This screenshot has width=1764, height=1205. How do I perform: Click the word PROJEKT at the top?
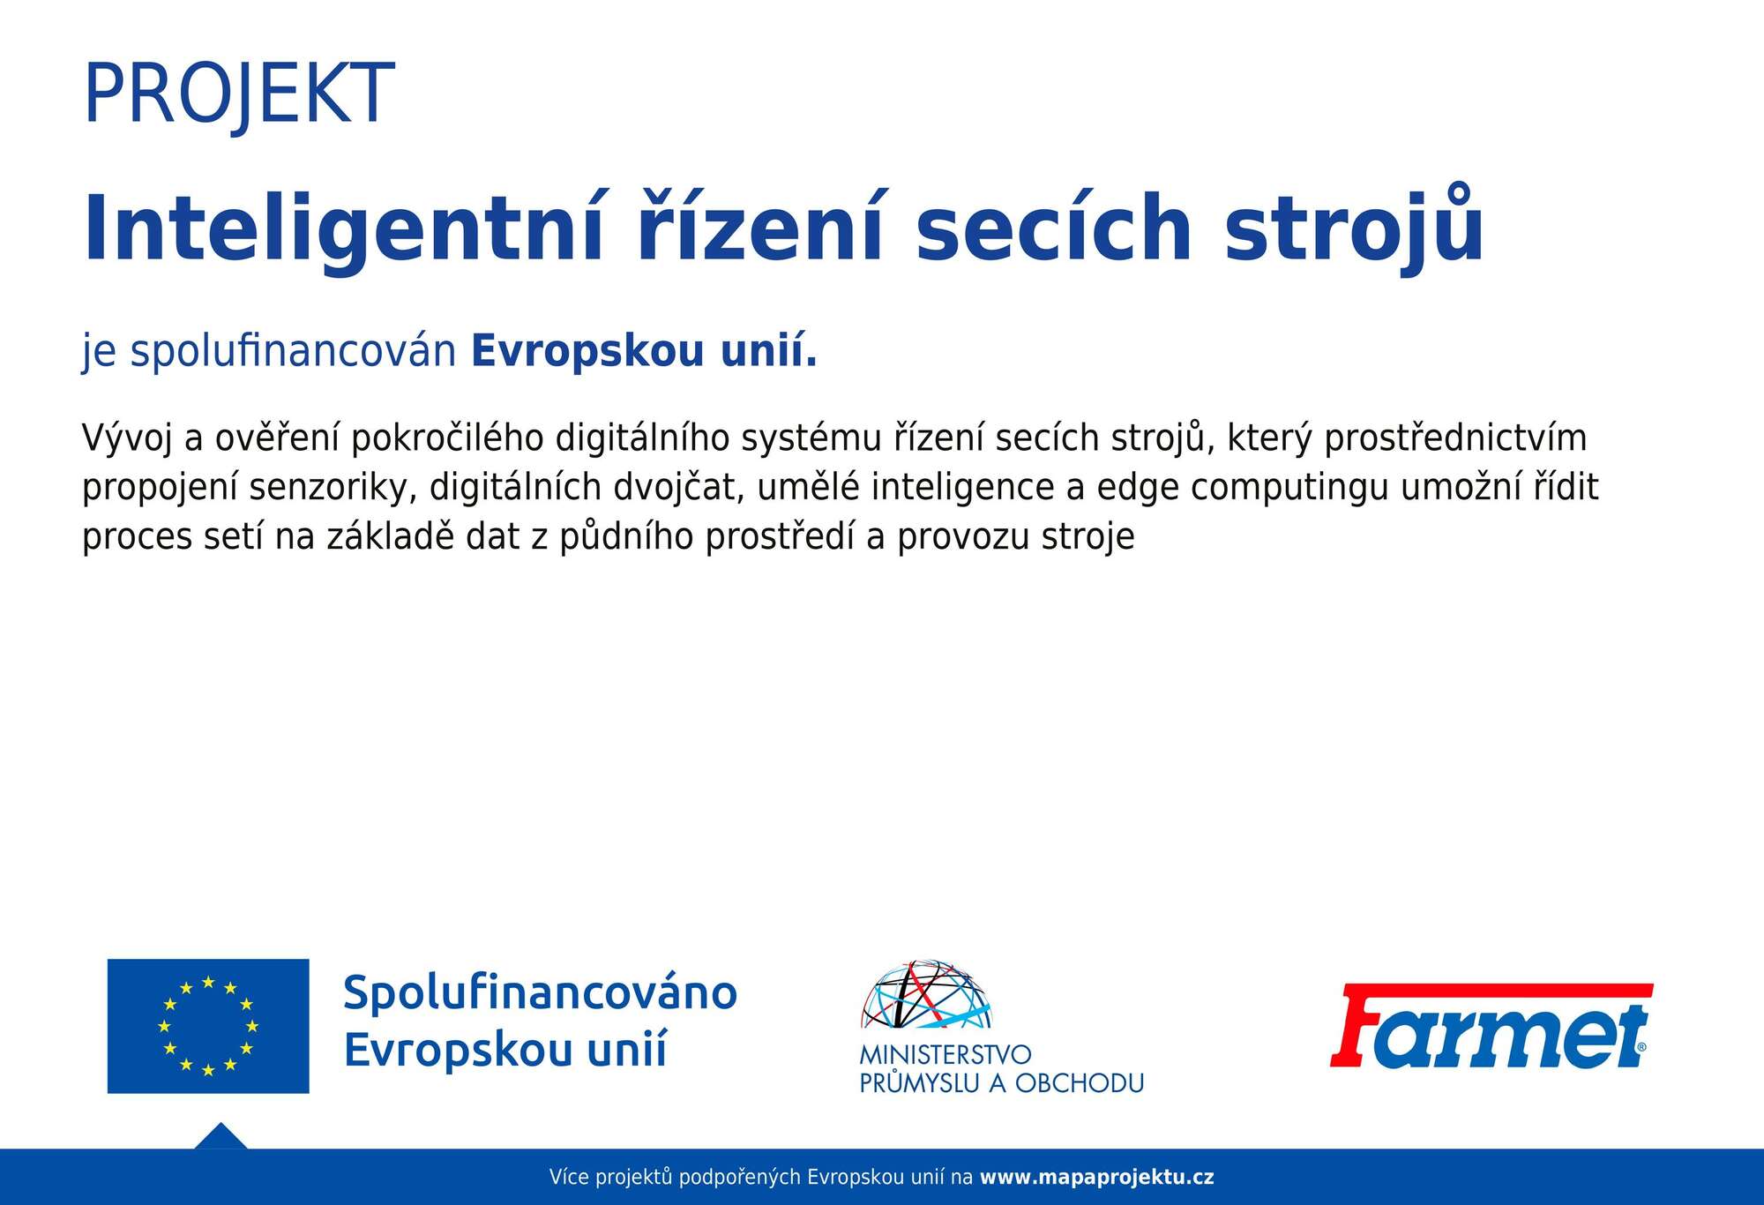(238, 94)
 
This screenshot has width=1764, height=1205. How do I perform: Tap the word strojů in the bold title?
(1355, 226)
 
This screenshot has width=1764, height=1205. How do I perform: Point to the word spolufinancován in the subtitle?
(294, 350)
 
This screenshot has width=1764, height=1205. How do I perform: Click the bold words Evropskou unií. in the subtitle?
(644, 350)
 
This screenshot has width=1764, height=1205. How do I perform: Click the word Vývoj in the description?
(126, 438)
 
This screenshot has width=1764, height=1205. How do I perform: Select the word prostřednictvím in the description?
(1455, 438)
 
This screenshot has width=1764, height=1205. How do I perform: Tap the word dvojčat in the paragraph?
(675, 487)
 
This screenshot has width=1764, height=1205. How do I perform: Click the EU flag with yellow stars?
(208, 1026)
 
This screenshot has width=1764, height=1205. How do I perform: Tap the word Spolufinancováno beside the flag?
(540, 992)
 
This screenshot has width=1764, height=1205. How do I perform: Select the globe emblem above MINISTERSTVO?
(927, 995)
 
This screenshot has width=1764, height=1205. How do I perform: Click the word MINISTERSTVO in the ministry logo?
(946, 1054)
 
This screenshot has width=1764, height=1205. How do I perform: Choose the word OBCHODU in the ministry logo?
(1079, 1082)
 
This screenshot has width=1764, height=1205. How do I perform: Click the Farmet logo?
(1491, 1026)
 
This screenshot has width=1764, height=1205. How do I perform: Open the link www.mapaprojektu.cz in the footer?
(1097, 1177)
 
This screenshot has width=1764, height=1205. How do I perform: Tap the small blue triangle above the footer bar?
(220, 1137)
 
